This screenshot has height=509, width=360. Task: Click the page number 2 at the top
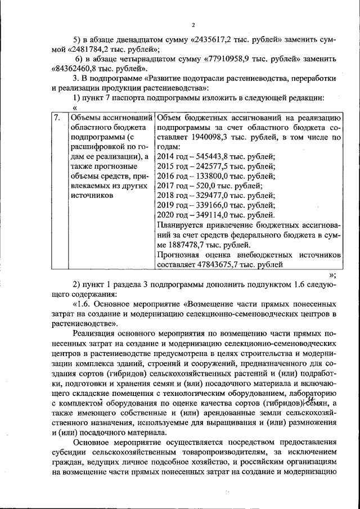point(192,25)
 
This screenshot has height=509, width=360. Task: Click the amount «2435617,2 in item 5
point(215,40)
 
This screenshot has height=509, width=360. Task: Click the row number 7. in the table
point(57,118)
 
